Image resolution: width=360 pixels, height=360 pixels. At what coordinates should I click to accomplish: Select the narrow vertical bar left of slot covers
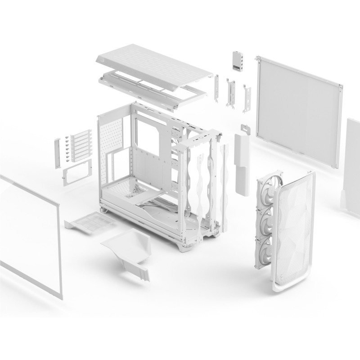(58, 153)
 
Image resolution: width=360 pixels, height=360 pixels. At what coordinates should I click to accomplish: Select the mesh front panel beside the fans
(292, 225)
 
